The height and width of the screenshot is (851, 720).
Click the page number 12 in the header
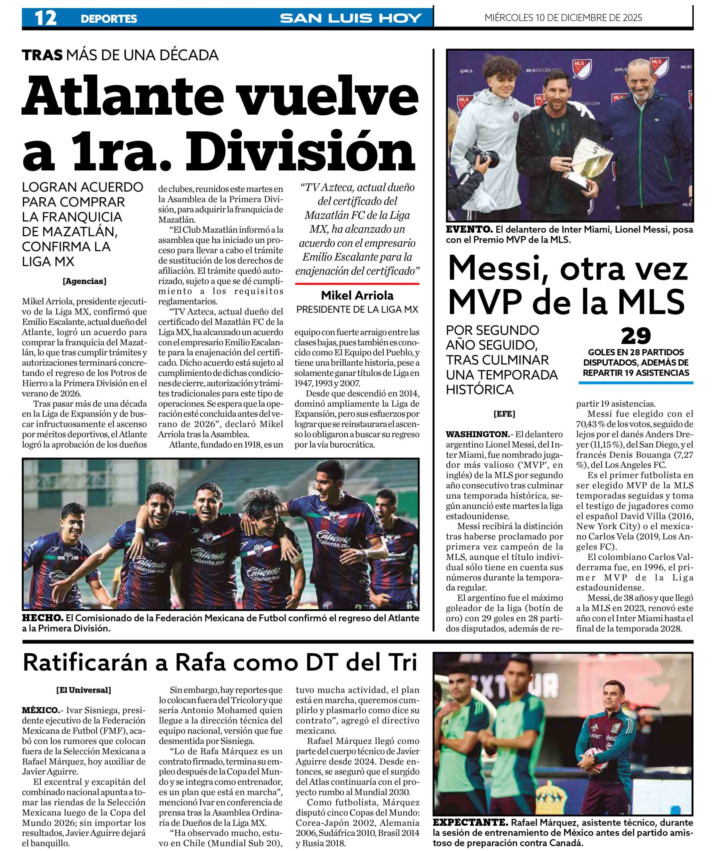45,18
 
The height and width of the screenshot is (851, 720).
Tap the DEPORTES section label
109,19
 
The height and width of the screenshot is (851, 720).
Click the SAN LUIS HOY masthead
351,18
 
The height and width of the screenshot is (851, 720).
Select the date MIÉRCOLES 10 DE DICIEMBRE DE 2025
563,18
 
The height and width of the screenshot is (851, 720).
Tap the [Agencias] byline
84,281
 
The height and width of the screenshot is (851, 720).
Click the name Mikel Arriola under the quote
357,295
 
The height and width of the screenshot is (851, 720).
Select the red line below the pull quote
357,283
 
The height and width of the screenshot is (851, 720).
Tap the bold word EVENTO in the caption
469,230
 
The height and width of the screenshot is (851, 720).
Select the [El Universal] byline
84,690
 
